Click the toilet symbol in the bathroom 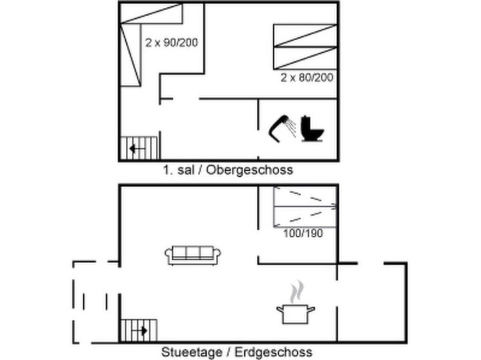coord(312,129)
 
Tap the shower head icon coord(282,128)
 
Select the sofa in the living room coord(193,255)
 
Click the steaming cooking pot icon coord(296,314)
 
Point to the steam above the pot coord(297,291)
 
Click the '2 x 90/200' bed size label coord(171,43)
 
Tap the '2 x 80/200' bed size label coord(307,77)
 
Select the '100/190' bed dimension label coord(303,233)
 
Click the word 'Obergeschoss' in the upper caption coord(250,170)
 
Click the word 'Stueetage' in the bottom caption coord(187,352)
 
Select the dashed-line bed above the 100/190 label coord(305,207)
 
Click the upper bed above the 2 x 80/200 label coord(305,35)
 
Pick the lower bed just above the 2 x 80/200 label coord(305,58)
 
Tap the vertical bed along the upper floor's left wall coord(130,55)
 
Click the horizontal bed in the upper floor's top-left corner coord(151,13)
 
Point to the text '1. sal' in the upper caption coord(178,170)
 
